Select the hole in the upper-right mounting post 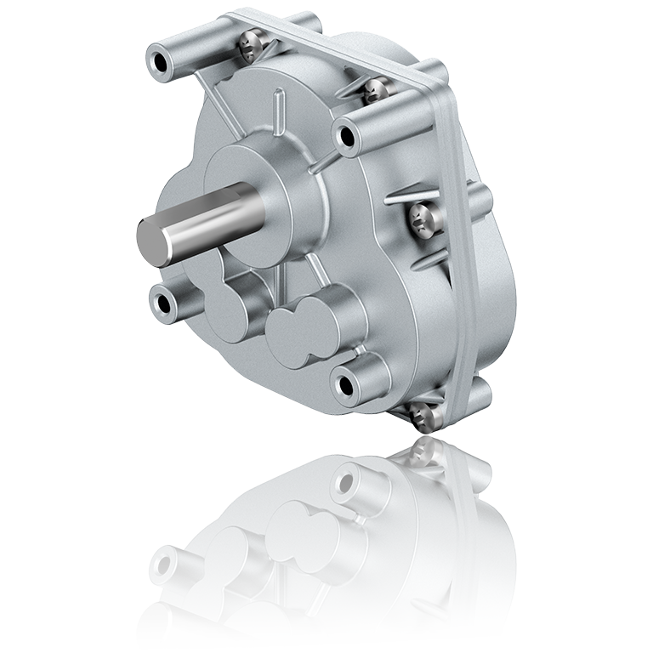click(x=349, y=137)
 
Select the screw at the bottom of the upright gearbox click(x=418, y=418)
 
